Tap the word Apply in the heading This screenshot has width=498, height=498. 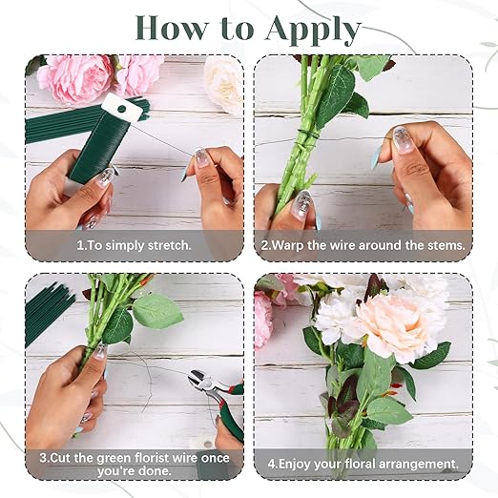(316, 31)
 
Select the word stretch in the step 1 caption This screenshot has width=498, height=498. (170, 245)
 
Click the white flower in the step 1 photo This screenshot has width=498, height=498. (223, 83)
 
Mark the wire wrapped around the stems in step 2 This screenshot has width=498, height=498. (305, 135)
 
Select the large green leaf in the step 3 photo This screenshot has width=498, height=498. (157, 311)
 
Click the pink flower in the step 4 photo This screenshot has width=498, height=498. (262, 320)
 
